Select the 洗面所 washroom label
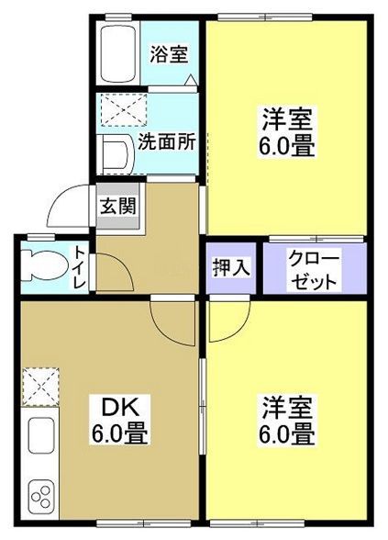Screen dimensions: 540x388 (x=166, y=142)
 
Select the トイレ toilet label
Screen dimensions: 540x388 (x=81, y=268)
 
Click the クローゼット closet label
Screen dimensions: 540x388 (x=315, y=268)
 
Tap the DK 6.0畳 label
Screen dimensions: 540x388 (x=119, y=419)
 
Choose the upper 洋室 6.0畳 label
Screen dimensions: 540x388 (x=289, y=133)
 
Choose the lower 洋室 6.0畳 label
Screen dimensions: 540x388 (x=289, y=419)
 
